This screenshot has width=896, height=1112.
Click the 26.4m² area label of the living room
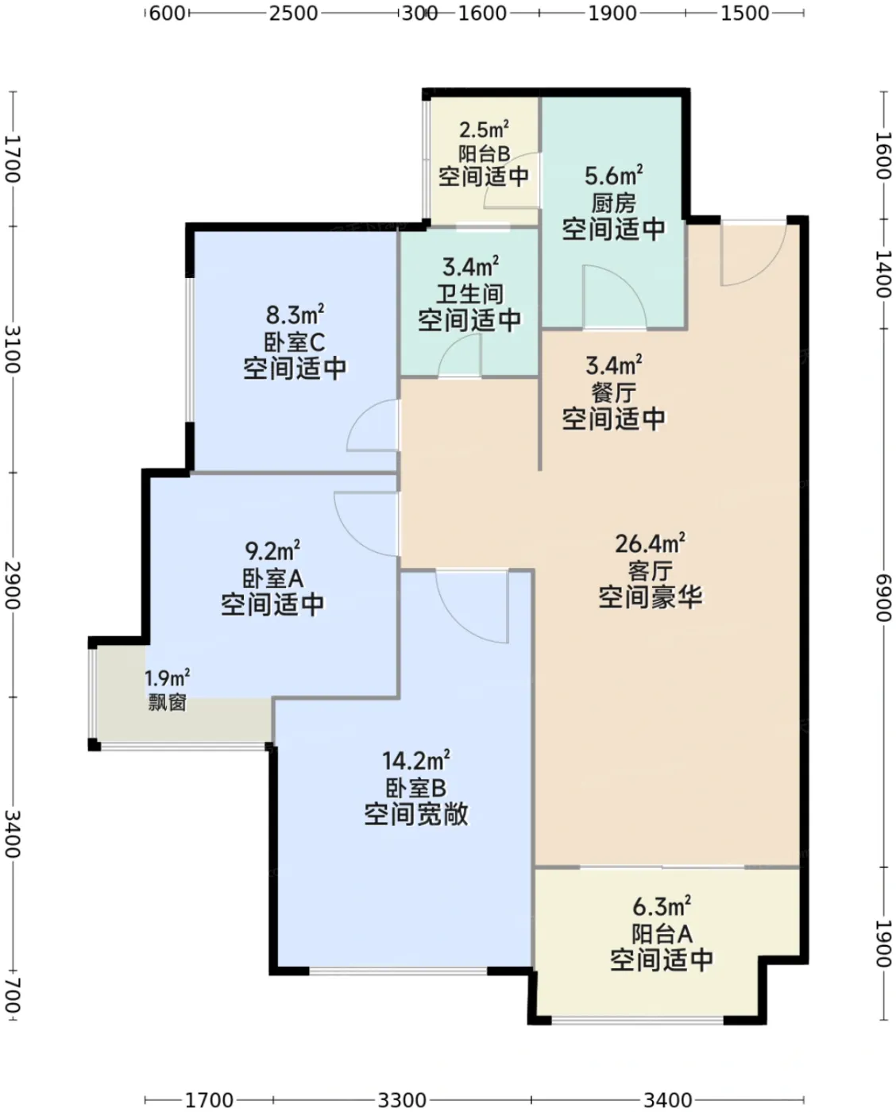pyautogui.click(x=650, y=543)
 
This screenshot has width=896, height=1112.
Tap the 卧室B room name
pyautogui.click(x=416, y=788)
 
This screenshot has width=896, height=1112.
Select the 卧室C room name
pyautogui.click(x=295, y=342)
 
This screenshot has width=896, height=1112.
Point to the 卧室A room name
pyautogui.click(x=272, y=578)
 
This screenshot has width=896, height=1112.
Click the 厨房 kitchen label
pyautogui.click(x=613, y=203)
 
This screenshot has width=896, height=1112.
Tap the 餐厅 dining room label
pyautogui.click(x=613, y=393)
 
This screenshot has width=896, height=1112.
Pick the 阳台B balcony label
pyautogui.click(x=485, y=153)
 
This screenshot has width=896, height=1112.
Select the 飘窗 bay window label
pyautogui.click(x=167, y=703)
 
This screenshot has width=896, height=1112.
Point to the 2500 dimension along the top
pyautogui.click(x=293, y=14)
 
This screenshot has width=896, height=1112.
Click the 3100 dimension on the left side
pyautogui.click(x=13, y=349)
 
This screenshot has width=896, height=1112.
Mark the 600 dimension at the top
pyautogui.click(x=166, y=14)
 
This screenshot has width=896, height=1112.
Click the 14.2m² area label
pyautogui.click(x=416, y=761)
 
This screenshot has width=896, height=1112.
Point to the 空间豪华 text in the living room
pyautogui.click(x=650, y=598)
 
